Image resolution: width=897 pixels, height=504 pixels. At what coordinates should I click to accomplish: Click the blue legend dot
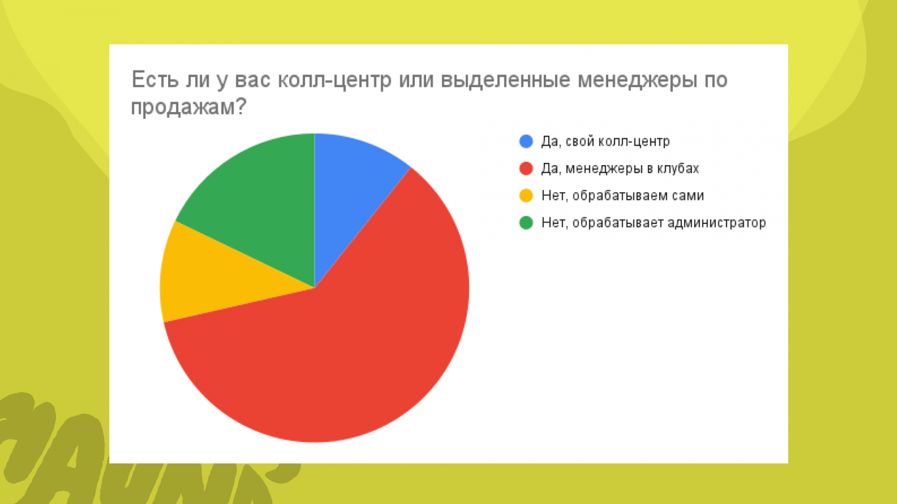[x=526, y=141]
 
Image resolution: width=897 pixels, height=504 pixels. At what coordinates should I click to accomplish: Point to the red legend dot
[x=526, y=169]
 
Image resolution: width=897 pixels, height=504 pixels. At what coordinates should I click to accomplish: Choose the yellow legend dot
[x=526, y=195]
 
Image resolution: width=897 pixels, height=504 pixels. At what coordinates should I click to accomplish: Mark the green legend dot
[x=526, y=223]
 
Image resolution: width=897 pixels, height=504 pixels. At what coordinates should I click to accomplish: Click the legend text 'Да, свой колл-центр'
[x=605, y=142]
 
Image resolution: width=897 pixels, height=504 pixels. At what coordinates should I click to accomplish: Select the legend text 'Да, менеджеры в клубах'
[x=620, y=169]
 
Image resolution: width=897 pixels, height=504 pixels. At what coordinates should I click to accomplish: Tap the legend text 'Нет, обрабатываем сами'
[x=623, y=195]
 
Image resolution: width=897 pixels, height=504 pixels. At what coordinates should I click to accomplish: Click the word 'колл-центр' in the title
[x=334, y=80]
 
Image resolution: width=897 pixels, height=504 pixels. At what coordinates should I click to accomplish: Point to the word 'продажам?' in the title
[x=188, y=108]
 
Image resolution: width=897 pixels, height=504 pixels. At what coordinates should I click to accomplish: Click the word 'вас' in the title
[x=252, y=80]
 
